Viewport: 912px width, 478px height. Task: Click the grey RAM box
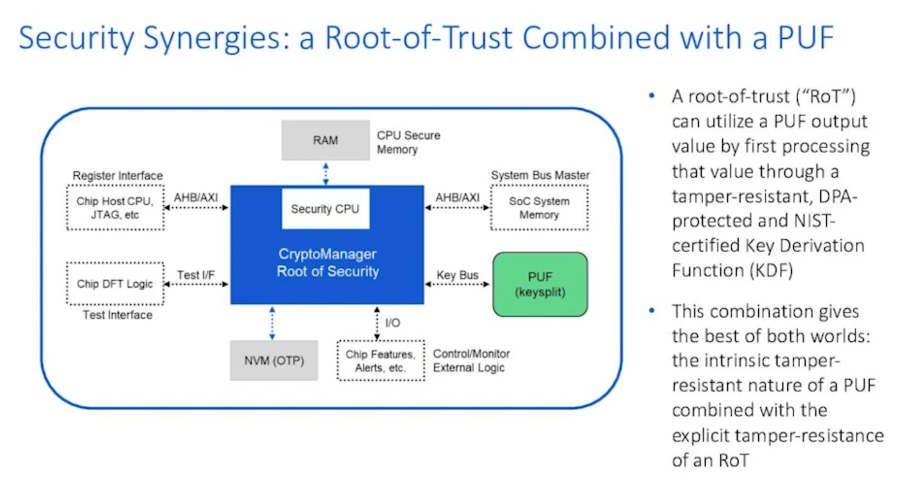[x=325, y=140]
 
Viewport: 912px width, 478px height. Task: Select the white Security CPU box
[x=325, y=208]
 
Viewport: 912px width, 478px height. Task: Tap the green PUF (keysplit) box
[x=540, y=284]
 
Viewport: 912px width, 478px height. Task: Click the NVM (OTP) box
[x=274, y=360]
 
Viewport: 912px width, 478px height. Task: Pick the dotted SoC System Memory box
[x=539, y=208]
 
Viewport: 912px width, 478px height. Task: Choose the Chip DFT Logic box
[x=115, y=284]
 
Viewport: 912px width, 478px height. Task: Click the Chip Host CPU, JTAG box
[x=115, y=208]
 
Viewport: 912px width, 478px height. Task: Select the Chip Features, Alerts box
[x=380, y=361]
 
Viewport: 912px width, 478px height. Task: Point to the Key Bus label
[x=457, y=275]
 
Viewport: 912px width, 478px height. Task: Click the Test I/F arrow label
[x=195, y=275]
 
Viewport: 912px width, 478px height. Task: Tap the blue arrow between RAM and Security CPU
[x=326, y=173]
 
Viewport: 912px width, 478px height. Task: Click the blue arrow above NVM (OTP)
[x=272, y=323]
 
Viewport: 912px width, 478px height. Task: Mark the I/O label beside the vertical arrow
[x=392, y=323]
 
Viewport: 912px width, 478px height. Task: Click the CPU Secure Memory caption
[x=407, y=142]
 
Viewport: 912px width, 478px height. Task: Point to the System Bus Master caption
[x=540, y=175]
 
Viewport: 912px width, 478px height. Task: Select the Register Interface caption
[x=118, y=176]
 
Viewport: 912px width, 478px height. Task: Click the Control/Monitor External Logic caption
[x=471, y=361]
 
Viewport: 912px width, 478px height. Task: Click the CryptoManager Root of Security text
[x=327, y=263]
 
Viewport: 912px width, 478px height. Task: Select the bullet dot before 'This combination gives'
[x=651, y=310]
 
